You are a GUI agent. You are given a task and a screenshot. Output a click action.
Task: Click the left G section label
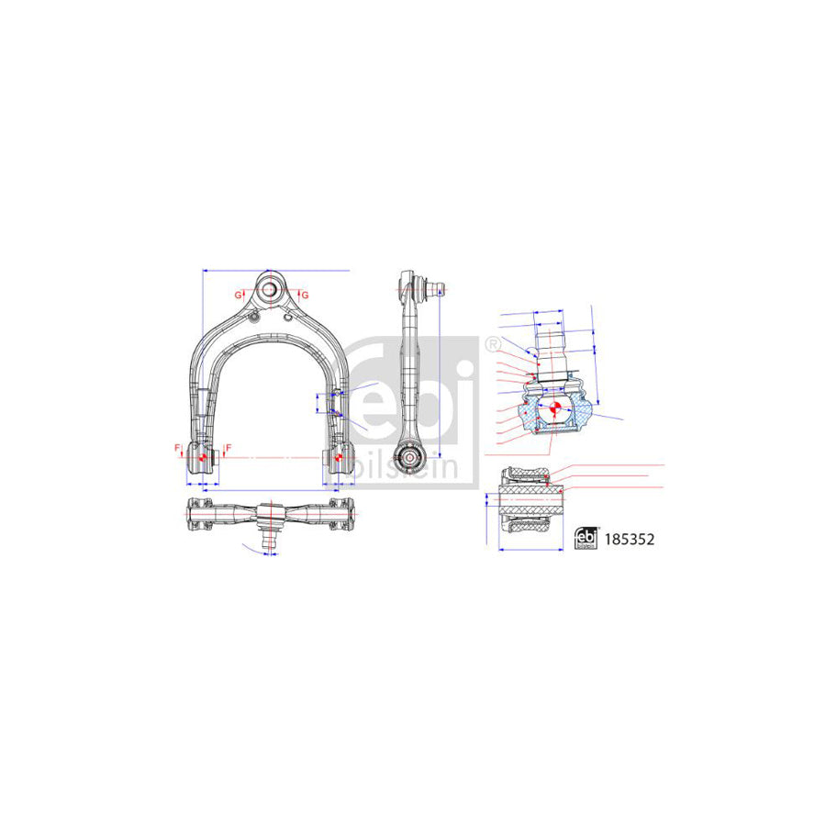coord(237,295)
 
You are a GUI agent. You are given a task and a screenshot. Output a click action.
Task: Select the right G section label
coord(305,295)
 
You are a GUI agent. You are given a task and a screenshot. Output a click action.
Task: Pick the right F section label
coord(227,447)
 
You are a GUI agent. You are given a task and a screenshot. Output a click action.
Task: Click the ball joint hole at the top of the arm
coord(271,288)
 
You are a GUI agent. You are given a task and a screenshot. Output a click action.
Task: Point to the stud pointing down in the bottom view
coord(271,541)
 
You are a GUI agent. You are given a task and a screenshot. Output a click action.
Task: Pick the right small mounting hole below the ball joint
coord(290,318)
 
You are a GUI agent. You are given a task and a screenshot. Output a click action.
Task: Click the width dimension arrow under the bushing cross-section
coord(530,549)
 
